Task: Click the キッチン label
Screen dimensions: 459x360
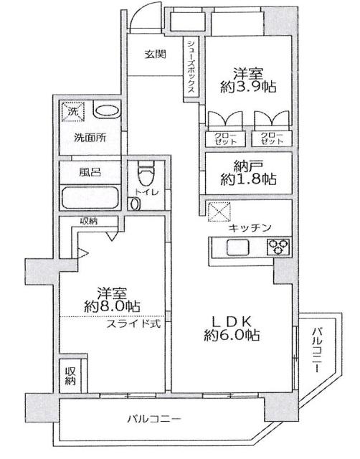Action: (x=250, y=227)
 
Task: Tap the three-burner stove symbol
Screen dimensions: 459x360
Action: (x=277, y=248)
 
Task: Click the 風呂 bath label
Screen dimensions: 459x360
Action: (x=90, y=173)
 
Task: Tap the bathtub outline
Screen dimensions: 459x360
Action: (x=92, y=197)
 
